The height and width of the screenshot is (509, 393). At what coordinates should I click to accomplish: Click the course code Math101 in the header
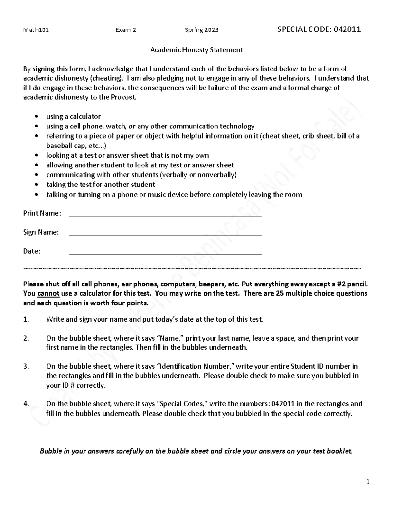[36, 30]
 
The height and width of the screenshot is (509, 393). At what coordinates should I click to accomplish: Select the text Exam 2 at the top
[126, 30]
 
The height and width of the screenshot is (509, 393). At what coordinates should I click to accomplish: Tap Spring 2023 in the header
[202, 30]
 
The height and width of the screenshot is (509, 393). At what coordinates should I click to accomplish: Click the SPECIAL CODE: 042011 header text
[319, 29]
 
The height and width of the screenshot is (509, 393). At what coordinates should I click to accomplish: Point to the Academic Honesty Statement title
[196, 50]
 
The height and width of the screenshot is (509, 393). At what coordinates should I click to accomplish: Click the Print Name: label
[42, 213]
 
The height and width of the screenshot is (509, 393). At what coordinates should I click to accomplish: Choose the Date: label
[31, 251]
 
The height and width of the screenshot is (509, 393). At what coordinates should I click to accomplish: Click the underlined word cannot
[48, 293]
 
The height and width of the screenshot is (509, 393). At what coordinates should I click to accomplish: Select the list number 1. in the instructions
[26, 319]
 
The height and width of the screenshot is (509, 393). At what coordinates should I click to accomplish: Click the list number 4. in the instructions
[26, 404]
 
